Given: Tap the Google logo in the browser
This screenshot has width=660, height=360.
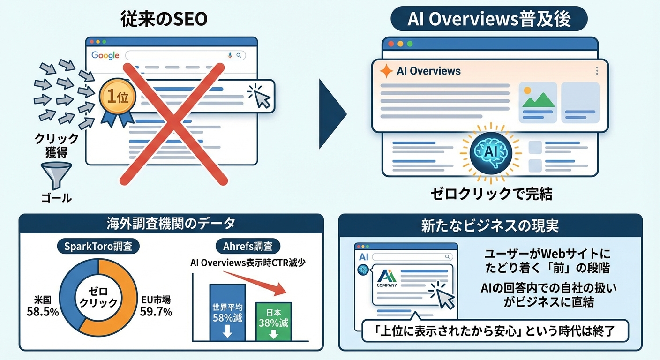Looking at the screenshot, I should click(x=105, y=55).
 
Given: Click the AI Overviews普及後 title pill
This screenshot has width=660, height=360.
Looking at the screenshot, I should click(x=489, y=20).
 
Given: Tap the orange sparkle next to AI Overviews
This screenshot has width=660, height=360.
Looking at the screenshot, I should click(x=386, y=71).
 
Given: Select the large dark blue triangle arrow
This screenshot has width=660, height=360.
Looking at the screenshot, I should click(x=332, y=114).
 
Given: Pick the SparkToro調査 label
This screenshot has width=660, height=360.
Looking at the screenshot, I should click(x=98, y=246).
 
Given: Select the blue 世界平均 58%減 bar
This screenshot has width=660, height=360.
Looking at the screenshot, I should click(x=227, y=313).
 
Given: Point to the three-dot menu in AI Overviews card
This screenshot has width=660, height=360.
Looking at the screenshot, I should click(x=597, y=71).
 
